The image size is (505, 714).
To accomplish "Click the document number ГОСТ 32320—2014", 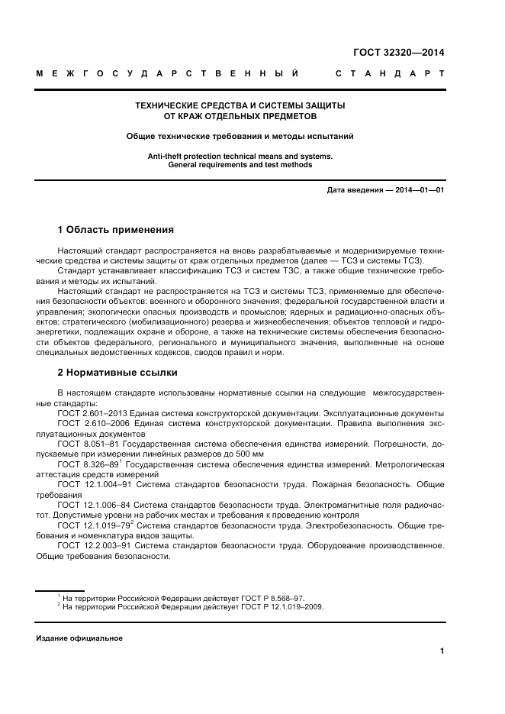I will (x=398, y=53).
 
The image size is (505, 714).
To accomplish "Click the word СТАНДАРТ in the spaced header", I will (x=390, y=75).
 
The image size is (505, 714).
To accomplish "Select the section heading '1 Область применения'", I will (x=116, y=229).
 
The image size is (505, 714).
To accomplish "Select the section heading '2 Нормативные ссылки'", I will (x=117, y=373).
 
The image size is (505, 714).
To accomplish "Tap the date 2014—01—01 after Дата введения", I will (x=417, y=189).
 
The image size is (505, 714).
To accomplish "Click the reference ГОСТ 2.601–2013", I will (x=91, y=413).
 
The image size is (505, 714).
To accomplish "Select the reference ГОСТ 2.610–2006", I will (x=91, y=423).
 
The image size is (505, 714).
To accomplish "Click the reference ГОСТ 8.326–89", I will (x=85, y=464).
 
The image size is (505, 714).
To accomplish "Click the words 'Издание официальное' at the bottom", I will (x=79, y=638).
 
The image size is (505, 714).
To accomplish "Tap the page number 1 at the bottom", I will (x=442, y=651).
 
